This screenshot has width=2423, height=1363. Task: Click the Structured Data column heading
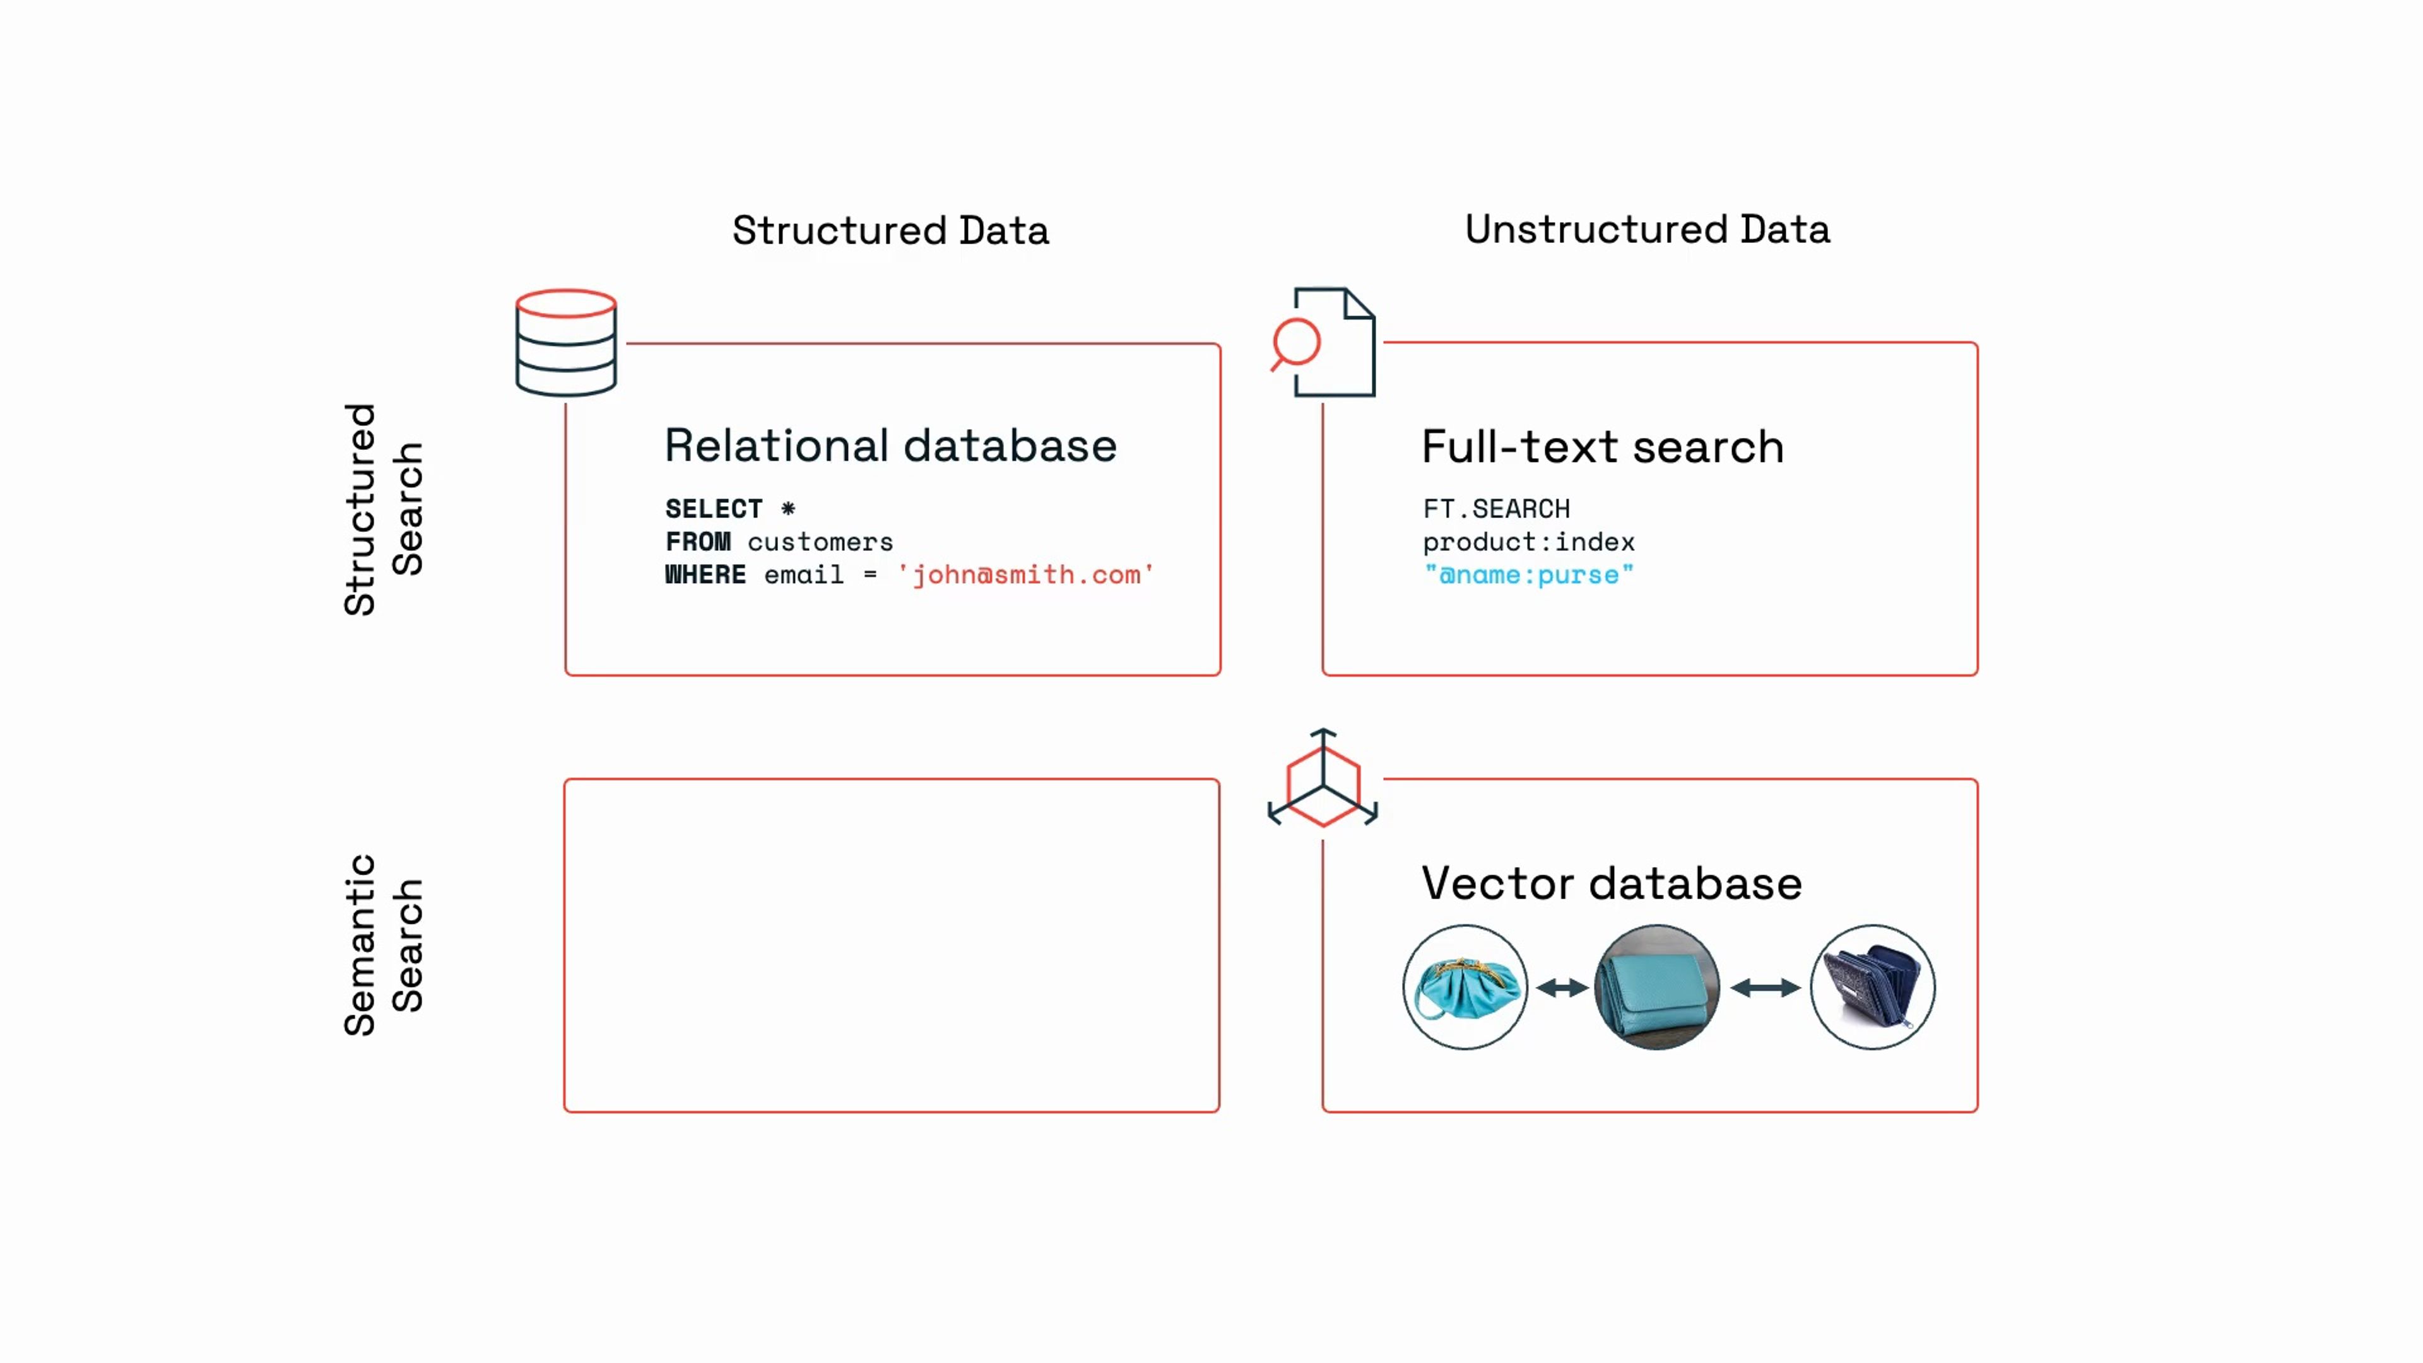(x=890, y=230)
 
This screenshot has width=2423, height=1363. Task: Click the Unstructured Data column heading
(x=1647, y=230)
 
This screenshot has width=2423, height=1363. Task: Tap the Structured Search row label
(x=383, y=509)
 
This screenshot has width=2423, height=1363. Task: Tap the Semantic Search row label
(x=383, y=945)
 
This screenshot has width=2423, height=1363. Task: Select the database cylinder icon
(x=566, y=343)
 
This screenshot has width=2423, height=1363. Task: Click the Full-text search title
(x=1602, y=446)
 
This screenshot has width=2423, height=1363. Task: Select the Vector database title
(x=1610, y=883)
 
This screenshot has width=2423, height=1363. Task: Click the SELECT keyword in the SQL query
(x=713, y=509)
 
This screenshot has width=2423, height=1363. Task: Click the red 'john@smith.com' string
(x=1025, y=575)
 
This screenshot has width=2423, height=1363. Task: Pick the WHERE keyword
(x=705, y=575)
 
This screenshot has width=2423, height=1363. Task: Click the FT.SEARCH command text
(x=1495, y=509)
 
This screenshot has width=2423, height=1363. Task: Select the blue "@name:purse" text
(x=1528, y=575)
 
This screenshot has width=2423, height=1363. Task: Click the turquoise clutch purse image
(x=1465, y=987)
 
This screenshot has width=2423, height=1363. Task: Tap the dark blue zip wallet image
(x=1872, y=987)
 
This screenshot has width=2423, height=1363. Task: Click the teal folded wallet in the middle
(x=1656, y=987)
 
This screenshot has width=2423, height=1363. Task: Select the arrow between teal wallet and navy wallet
(x=1765, y=988)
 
